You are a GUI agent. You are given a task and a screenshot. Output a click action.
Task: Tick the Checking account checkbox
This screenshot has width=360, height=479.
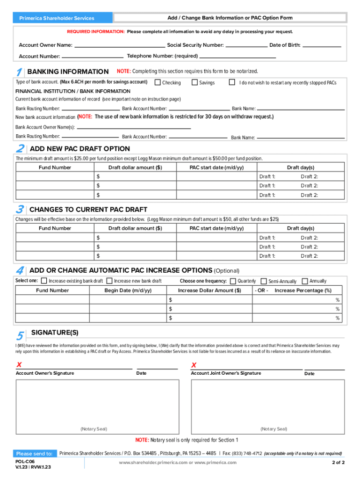(158, 82)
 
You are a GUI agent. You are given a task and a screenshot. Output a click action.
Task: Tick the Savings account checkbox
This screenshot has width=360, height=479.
(194, 82)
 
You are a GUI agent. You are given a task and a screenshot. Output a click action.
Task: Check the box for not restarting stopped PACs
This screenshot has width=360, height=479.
(231, 82)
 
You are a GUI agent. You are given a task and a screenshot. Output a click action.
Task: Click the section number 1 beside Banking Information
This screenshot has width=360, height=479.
(18, 73)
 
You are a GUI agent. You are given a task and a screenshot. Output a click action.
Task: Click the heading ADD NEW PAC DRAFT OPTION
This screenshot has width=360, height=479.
(79, 149)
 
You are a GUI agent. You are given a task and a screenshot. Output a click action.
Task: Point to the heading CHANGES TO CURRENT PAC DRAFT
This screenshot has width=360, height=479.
(88, 210)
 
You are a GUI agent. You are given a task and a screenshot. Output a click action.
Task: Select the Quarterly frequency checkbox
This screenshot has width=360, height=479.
(232, 281)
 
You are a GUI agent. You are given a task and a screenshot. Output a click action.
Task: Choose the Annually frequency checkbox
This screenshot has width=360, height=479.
(305, 281)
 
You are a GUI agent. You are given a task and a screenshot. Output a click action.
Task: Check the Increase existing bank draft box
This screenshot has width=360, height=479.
(44, 281)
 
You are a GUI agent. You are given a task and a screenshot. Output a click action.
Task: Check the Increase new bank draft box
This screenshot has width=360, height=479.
(109, 281)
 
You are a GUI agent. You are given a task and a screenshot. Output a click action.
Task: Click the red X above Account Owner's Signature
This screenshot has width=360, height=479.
(19, 365)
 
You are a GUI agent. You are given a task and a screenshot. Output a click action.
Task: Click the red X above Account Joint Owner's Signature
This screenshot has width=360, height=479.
(194, 365)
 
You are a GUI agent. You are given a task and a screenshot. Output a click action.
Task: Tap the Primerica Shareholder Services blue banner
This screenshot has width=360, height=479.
(57, 18)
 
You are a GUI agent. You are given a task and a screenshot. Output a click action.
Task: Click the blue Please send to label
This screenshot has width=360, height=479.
(34, 454)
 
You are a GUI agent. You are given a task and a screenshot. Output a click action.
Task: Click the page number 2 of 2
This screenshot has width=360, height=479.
(338, 463)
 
